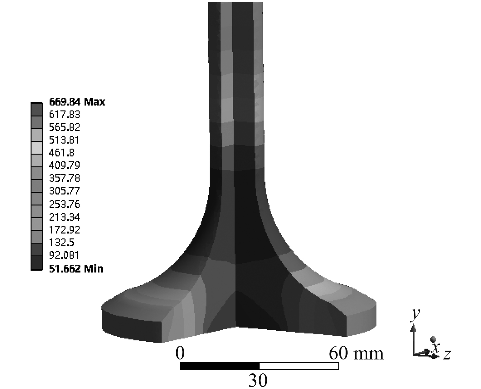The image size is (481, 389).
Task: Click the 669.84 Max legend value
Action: pyautogui.click(x=77, y=102)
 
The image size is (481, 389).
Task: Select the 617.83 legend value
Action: pyautogui.click(x=64, y=114)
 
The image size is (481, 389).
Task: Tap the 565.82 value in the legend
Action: pyautogui.click(x=64, y=127)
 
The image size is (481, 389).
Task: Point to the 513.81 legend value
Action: pyautogui.click(x=64, y=140)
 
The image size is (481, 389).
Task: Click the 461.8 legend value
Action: pyautogui.click(x=61, y=153)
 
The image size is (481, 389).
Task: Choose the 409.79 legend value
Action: pyautogui.click(x=64, y=165)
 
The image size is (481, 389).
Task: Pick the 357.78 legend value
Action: pyautogui.click(x=64, y=178)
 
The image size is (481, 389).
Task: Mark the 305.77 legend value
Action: pyautogui.click(x=64, y=191)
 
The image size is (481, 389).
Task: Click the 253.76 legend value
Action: pyautogui.click(x=64, y=204)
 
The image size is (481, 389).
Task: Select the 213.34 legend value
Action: pyautogui.click(x=64, y=217)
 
